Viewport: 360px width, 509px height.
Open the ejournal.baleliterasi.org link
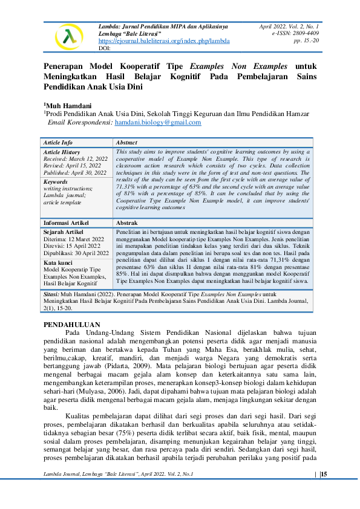point(163,41)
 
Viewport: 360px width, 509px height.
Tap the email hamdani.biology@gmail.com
point(158,122)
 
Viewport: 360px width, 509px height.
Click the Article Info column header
point(59,142)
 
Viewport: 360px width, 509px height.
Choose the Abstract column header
point(126,142)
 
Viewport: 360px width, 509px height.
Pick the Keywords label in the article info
point(56,181)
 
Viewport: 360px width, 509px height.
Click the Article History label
point(62,152)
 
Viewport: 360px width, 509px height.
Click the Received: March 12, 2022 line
point(76,158)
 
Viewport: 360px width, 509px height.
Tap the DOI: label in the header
point(103,48)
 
